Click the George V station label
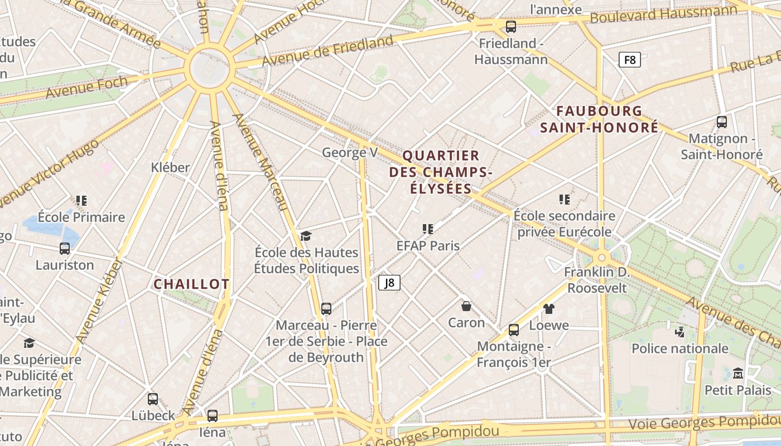click(x=350, y=152)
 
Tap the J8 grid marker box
click(x=389, y=283)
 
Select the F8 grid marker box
click(x=630, y=60)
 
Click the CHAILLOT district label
click(x=191, y=284)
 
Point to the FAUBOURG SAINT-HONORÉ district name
click(x=599, y=119)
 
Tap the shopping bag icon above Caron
click(x=466, y=306)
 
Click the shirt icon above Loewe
click(x=549, y=308)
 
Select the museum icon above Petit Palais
click(x=738, y=373)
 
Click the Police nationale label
click(x=680, y=348)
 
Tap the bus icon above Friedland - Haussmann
click(x=511, y=26)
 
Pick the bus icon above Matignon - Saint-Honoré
click(x=722, y=122)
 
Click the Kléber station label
click(x=170, y=167)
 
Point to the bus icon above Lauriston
click(x=65, y=249)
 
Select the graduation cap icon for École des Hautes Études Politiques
click(x=306, y=236)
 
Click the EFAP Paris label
click(x=428, y=245)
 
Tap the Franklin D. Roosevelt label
click(x=597, y=280)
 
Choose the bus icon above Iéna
click(x=213, y=415)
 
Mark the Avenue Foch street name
click(x=86, y=88)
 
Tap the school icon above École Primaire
click(x=81, y=200)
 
